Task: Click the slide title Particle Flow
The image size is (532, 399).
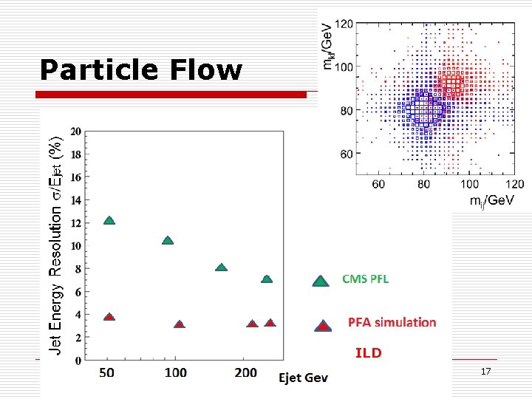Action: point(140,70)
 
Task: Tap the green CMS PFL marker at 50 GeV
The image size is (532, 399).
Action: point(109,220)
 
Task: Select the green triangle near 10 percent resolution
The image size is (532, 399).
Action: point(168,240)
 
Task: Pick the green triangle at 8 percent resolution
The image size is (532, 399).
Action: point(221,267)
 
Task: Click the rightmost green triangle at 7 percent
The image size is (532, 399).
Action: point(267,279)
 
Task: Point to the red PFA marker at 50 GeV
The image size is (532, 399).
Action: point(109,316)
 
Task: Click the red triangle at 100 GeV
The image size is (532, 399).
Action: point(180,324)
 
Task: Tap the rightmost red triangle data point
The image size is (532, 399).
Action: point(270,323)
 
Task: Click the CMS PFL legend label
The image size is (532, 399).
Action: point(365,279)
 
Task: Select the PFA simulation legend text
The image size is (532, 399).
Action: point(392,322)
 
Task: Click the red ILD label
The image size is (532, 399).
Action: point(368,353)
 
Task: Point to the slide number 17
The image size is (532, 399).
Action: point(485,371)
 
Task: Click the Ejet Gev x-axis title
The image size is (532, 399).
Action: point(303,378)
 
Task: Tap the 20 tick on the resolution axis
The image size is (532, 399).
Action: point(75,132)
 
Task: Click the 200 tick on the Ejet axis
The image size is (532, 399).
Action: point(246,373)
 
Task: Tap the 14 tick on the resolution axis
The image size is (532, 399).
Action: point(75,200)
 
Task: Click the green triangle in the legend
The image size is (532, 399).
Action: point(320,281)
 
